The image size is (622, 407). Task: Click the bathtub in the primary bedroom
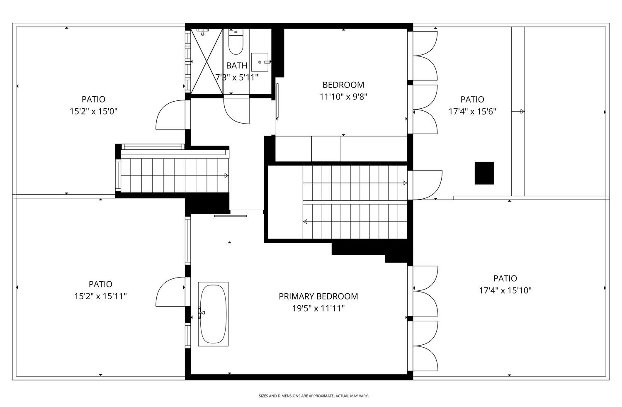(x=213, y=314)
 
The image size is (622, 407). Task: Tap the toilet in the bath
(x=236, y=43)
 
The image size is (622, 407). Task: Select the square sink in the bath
(x=260, y=62)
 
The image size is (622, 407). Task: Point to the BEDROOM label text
(x=343, y=85)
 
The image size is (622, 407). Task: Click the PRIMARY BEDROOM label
(x=318, y=296)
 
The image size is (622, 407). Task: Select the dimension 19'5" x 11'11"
(x=318, y=308)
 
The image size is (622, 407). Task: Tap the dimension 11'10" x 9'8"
(x=343, y=97)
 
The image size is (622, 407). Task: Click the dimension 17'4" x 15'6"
(x=472, y=111)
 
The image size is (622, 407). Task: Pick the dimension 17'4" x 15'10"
(x=505, y=290)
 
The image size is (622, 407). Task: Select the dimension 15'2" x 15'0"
(x=93, y=111)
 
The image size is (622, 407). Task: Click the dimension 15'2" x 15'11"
(x=100, y=296)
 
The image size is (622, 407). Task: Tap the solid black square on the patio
(x=484, y=173)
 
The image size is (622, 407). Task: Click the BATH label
(x=236, y=66)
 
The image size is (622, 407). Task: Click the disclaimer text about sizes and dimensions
(x=313, y=396)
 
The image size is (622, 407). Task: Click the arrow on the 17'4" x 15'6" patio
(x=518, y=112)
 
